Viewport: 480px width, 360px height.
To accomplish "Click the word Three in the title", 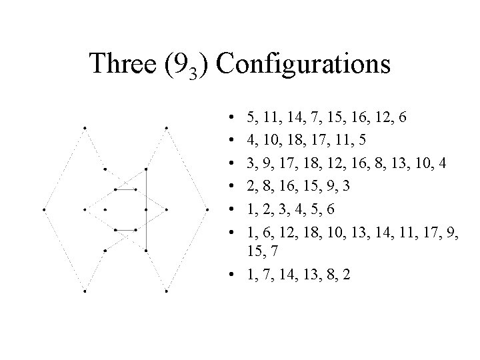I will click(x=121, y=64).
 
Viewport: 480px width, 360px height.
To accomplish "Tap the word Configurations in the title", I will click(x=304, y=64).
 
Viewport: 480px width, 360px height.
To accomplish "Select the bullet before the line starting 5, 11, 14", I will click(x=229, y=119).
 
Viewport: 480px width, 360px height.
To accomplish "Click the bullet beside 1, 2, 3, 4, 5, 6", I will click(x=229, y=208).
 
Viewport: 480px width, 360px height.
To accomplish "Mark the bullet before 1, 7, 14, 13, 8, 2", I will click(x=229, y=275).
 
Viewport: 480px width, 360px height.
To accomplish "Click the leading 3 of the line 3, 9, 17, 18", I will click(x=250, y=163).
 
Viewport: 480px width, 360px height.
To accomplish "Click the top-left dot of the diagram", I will click(x=85, y=127).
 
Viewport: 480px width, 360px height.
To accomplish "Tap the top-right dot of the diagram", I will click(x=166, y=127).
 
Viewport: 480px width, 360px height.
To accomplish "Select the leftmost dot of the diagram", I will click(x=44, y=209).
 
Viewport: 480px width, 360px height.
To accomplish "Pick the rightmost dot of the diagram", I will click(x=207, y=209).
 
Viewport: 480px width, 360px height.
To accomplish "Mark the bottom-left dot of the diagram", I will click(x=85, y=291).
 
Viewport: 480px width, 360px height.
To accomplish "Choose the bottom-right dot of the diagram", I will click(x=166, y=291).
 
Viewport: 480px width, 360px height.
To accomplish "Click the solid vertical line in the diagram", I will click(x=146, y=208).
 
